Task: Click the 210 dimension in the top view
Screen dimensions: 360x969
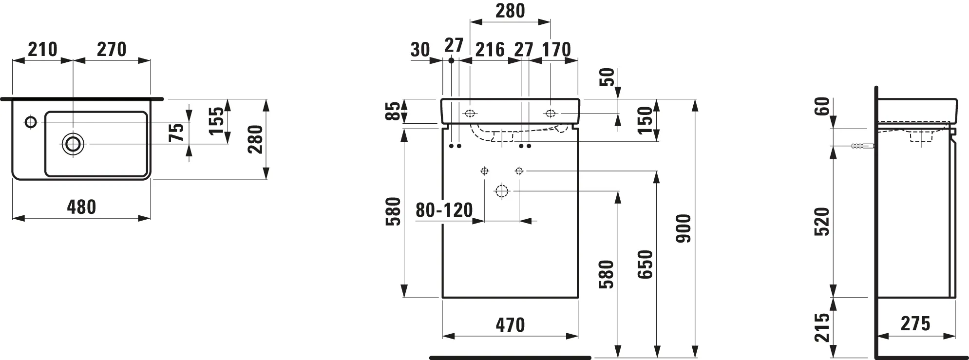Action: (x=42, y=49)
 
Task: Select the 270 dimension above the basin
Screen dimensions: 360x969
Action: (x=112, y=49)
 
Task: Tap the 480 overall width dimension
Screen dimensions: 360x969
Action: (x=81, y=207)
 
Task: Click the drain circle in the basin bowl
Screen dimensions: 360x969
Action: (x=73, y=144)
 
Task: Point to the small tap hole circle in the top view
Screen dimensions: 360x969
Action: (x=31, y=122)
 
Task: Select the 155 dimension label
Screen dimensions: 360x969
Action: (x=218, y=120)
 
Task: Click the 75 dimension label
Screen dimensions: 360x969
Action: (x=179, y=132)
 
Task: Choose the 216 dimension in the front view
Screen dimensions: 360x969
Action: (x=490, y=49)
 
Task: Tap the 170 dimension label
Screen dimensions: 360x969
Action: (x=556, y=49)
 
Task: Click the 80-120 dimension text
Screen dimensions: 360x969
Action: (x=444, y=210)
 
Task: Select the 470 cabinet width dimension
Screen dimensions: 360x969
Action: (x=510, y=325)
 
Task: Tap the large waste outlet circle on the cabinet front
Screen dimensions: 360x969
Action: (x=501, y=191)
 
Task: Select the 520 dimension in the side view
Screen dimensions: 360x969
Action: (x=821, y=222)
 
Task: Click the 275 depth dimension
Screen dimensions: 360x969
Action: (x=915, y=324)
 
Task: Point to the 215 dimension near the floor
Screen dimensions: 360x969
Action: (x=821, y=327)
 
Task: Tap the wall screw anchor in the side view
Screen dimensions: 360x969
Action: (x=862, y=146)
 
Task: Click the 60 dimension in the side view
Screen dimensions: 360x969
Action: (x=821, y=107)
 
